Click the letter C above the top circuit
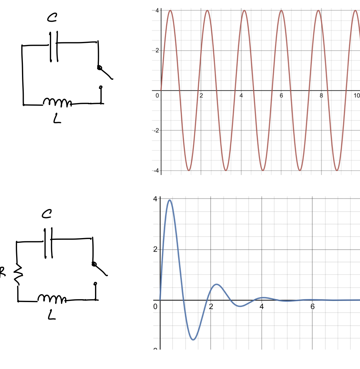point(52,18)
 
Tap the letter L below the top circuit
point(57,119)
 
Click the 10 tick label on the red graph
point(356,95)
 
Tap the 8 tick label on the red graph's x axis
point(321,95)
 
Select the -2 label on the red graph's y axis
point(156,130)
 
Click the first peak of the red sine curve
point(170,11)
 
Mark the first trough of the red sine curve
point(189,171)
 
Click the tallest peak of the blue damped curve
point(170,200)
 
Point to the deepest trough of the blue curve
point(193,340)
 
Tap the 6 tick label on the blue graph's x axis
point(312,307)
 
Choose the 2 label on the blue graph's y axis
point(156,250)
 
